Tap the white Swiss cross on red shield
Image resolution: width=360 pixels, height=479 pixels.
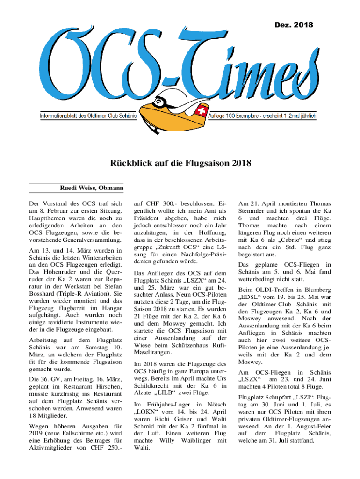click(x=202, y=112)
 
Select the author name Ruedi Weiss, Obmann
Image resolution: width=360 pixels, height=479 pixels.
click(x=91, y=189)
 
